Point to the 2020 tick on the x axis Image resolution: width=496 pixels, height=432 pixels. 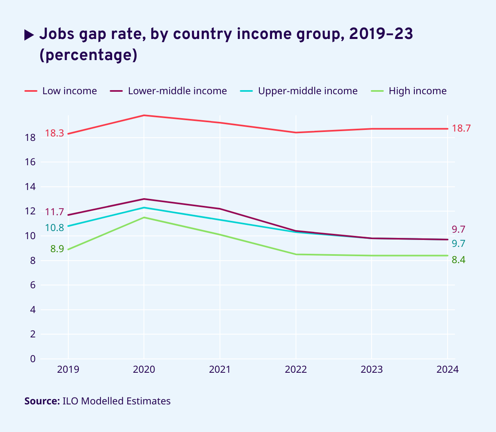144,369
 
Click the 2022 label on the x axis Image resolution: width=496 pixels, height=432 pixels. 296,369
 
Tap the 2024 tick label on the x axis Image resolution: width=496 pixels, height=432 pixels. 447,369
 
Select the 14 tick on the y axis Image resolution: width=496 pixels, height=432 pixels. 30,187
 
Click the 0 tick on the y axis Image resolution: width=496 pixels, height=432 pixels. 33,359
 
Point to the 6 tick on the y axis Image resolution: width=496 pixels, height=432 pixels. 33,285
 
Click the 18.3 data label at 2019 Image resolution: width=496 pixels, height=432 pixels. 54,133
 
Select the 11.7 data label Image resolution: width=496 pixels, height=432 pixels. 54,212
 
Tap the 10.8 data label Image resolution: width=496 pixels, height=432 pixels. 54,227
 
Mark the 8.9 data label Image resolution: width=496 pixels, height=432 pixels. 57,249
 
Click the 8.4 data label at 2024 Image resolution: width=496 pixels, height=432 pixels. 459,260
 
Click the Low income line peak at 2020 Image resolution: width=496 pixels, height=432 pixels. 144,115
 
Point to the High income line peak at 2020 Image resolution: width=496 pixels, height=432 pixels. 144,218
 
